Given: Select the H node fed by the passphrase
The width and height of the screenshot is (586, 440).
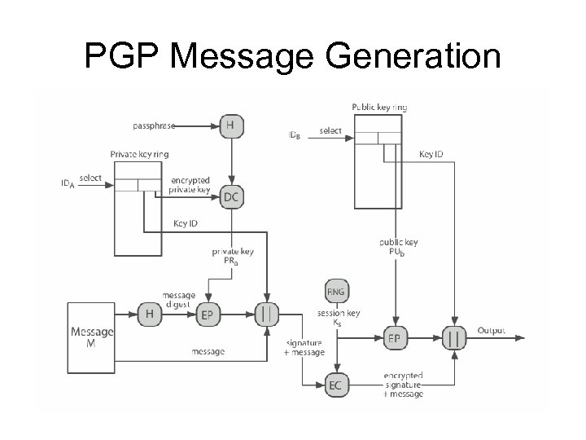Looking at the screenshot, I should point(231,126).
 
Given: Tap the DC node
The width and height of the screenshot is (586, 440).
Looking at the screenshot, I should point(231,196).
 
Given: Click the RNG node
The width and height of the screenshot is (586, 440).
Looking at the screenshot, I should point(335,290).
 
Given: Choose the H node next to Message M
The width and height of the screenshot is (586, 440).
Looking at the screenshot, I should point(149,314).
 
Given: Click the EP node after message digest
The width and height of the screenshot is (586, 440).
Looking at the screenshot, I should point(208,315).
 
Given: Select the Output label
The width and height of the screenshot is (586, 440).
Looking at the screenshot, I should point(491,330).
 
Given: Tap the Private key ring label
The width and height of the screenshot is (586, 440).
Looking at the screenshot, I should point(140,154).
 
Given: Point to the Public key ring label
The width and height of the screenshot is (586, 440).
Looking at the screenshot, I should point(379,107).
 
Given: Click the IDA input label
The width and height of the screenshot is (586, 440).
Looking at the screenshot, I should point(68,185).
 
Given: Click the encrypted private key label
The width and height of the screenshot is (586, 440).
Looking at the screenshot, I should point(190,185).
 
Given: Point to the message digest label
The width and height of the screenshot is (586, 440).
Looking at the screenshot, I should point(178,299).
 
